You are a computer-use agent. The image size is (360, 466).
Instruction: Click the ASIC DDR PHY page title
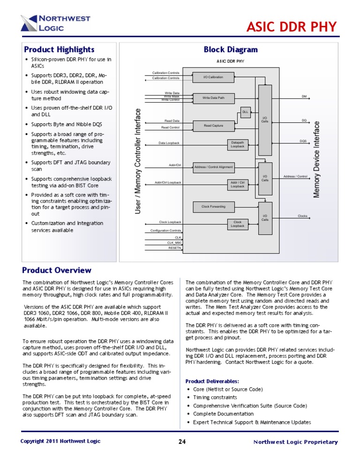[x=292, y=27]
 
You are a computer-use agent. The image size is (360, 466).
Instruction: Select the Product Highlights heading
[x=59, y=50]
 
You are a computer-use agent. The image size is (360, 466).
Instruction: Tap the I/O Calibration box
[x=213, y=77]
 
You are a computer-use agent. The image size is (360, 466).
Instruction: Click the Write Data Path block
[x=213, y=98]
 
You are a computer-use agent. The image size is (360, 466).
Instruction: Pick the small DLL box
[x=245, y=112]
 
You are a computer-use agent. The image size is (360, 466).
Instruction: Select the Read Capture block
[x=213, y=125]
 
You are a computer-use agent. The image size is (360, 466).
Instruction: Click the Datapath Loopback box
[x=238, y=144]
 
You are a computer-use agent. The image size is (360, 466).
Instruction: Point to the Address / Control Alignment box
[x=213, y=166]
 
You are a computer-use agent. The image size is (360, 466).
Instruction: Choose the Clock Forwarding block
[x=213, y=206]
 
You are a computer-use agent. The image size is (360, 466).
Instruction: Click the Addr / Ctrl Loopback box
[x=238, y=184]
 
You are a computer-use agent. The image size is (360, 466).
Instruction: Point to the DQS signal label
[x=303, y=141]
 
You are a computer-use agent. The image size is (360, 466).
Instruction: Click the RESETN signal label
[x=174, y=248]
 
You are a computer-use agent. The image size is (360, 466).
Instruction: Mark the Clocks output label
[x=302, y=216]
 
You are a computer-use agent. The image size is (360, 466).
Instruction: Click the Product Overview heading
[x=57, y=271]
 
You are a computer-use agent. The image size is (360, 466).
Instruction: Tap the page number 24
[x=182, y=442]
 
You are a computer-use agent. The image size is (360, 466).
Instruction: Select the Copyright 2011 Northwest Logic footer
[x=60, y=442]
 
